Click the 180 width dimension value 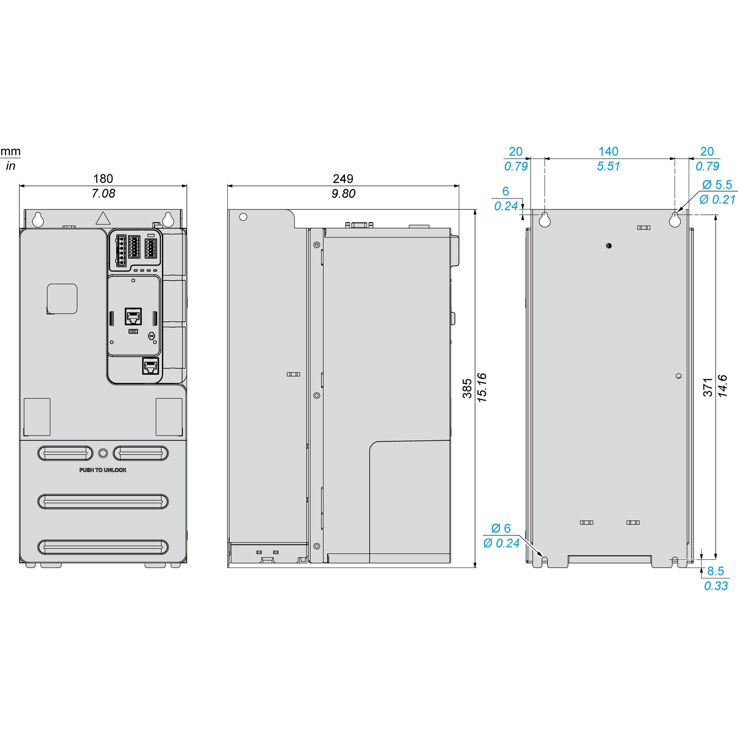point(103,178)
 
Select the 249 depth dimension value point(343,178)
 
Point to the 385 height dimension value point(467,388)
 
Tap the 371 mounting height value point(708,387)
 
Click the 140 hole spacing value point(608,151)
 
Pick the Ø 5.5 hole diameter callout point(717,185)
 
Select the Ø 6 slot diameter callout point(501,528)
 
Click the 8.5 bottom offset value point(715,571)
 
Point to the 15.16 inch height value point(482,388)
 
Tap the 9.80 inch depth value point(343,194)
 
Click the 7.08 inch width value point(103,194)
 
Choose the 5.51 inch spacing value point(608,167)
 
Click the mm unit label point(10,151)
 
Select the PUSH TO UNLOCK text point(103,470)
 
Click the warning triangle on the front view point(102,218)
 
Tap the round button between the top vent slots point(103,453)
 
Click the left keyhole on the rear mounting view point(544,220)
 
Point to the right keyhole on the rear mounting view point(675,220)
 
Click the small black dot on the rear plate point(609,245)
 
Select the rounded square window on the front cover point(62,299)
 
